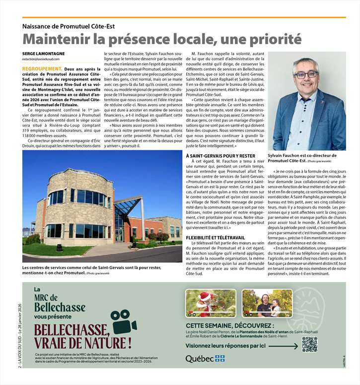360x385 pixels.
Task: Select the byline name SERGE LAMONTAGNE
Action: pos(43,53)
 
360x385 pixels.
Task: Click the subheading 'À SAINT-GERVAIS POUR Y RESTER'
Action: pos(219,156)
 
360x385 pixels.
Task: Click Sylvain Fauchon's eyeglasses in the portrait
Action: pos(305,74)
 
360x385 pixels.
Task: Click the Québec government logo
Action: pos(205,358)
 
